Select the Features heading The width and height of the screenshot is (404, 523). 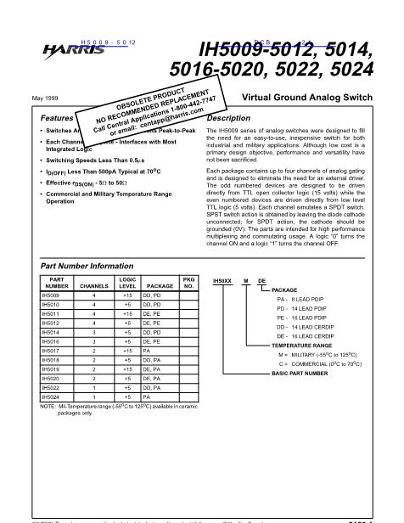point(57,118)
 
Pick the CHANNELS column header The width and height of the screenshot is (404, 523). point(94,288)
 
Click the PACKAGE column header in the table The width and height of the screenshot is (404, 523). point(159,288)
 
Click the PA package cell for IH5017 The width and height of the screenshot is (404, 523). point(146,351)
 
